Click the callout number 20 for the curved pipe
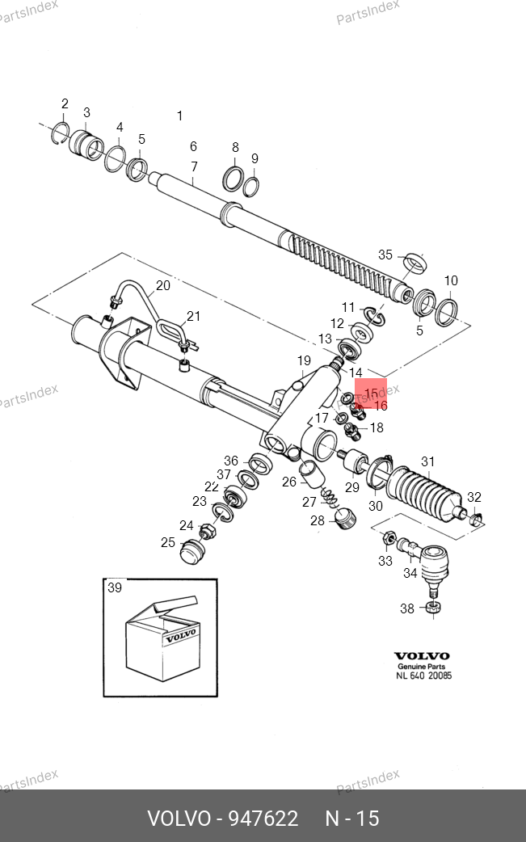[162, 285]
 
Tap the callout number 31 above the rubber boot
[427, 461]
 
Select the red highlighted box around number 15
[371, 394]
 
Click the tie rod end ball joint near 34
[432, 564]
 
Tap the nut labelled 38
[434, 608]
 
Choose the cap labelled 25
[192, 551]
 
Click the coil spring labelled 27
[329, 497]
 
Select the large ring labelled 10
[446, 313]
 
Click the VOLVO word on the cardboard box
[181, 636]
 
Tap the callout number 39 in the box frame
[115, 587]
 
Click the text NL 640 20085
[424, 676]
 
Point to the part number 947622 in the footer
[263, 819]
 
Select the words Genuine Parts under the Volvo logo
[421, 667]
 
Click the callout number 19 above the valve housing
[304, 360]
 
